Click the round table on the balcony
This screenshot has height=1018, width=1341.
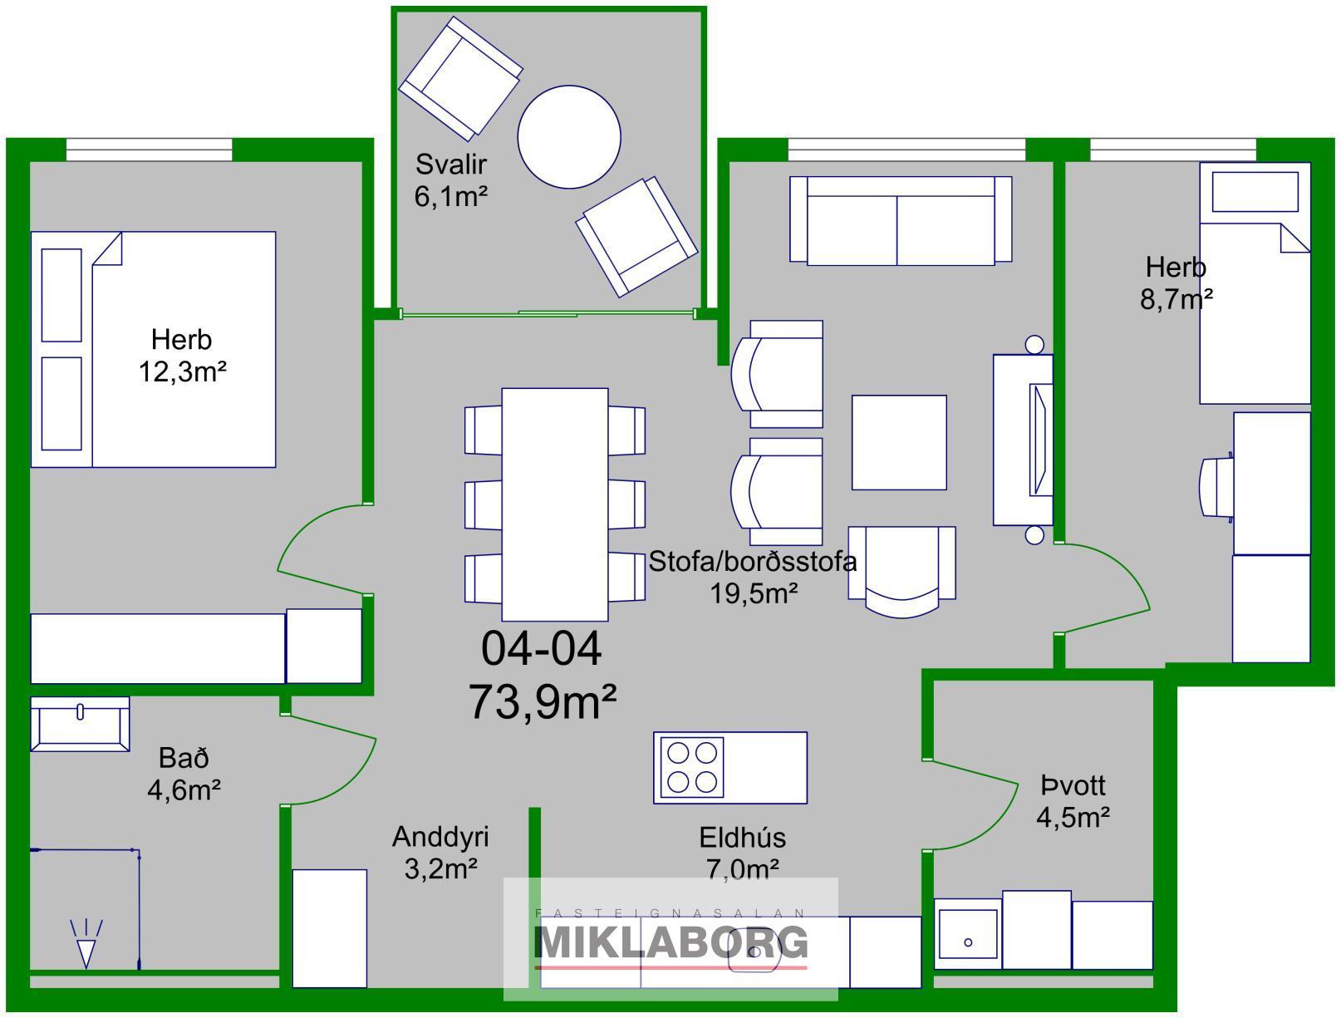(569, 137)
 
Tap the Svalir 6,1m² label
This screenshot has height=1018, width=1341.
(450, 180)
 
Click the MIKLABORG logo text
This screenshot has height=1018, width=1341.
(670, 942)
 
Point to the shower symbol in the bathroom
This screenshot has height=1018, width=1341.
(86, 943)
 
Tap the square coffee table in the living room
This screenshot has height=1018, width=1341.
(899, 442)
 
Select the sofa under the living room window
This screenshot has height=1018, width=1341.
(901, 221)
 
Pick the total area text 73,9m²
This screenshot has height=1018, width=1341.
(543, 701)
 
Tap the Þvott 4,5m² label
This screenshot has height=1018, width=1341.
(1073, 802)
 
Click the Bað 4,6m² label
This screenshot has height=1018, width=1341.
(184, 774)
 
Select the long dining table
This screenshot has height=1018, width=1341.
(555, 504)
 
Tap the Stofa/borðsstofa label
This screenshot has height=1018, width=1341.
(753, 561)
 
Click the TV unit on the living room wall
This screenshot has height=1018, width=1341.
(1023, 440)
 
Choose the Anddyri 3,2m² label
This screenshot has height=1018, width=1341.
(440, 853)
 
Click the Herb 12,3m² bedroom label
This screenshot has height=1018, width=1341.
(182, 356)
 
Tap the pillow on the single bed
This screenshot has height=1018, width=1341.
(1255, 193)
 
